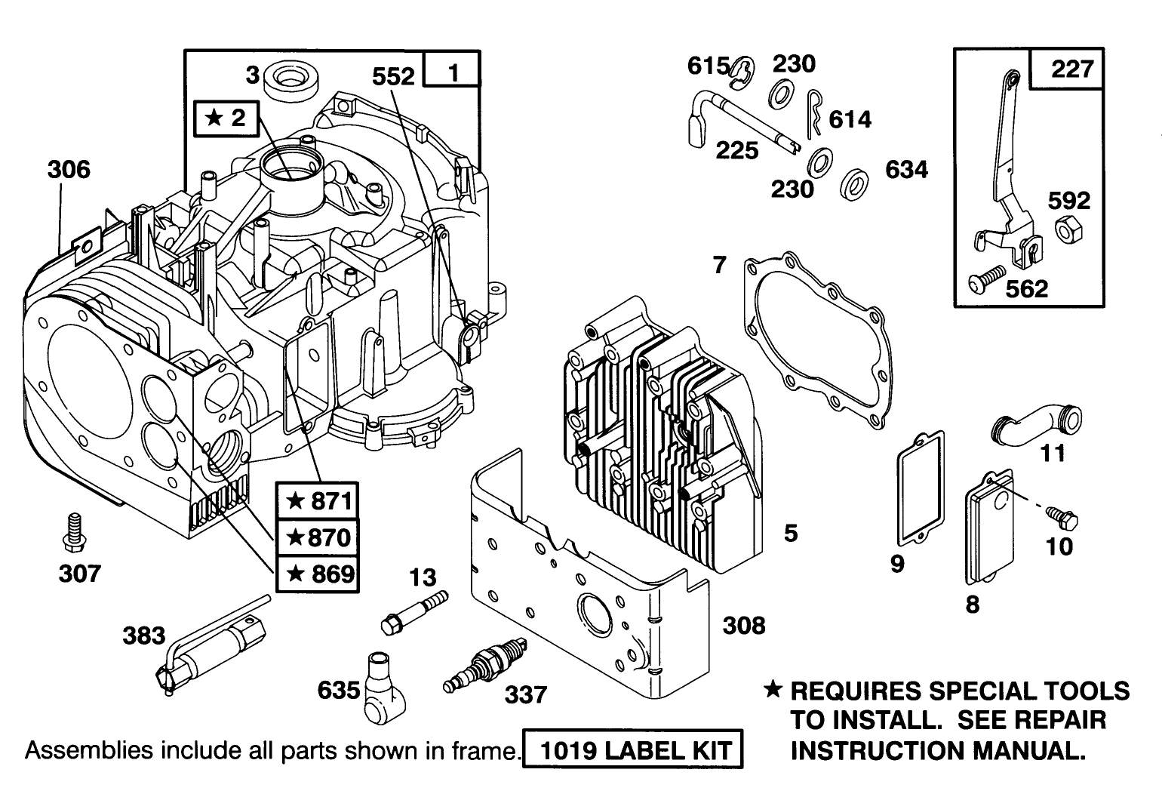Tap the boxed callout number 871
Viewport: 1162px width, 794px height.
click(x=317, y=500)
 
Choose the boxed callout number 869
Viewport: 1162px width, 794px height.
click(x=317, y=574)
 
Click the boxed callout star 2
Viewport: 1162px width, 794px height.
click(x=226, y=118)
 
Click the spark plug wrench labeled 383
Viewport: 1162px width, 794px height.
click(x=205, y=657)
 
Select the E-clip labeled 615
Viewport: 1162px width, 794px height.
click(x=742, y=69)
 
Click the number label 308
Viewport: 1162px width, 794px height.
click(x=743, y=625)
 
